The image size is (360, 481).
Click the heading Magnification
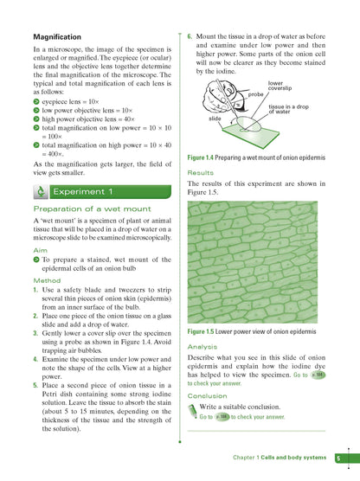coord(57,37)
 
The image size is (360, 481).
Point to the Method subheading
coord(47,280)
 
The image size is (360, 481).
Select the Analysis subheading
coord(203,345)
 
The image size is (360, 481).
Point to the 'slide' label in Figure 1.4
coord(215,119)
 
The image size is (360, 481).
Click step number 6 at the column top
coord(190,38)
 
